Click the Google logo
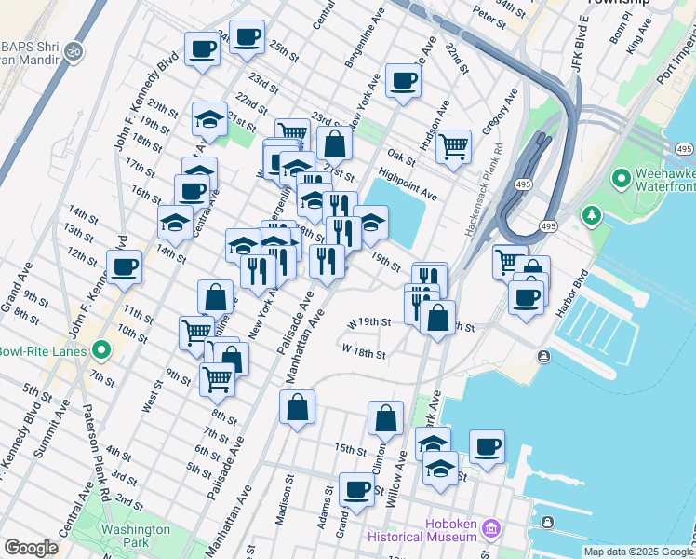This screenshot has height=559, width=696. click(31, 548)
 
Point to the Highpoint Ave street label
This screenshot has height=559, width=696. click(408, 184)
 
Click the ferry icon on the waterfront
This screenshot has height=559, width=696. click(542, 356)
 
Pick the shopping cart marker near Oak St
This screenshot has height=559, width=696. click(453, 146)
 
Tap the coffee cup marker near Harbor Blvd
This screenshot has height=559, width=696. click(527, 297)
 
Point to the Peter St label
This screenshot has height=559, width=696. click(488, 16)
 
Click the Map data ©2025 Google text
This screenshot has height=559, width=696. click(638, 552)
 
